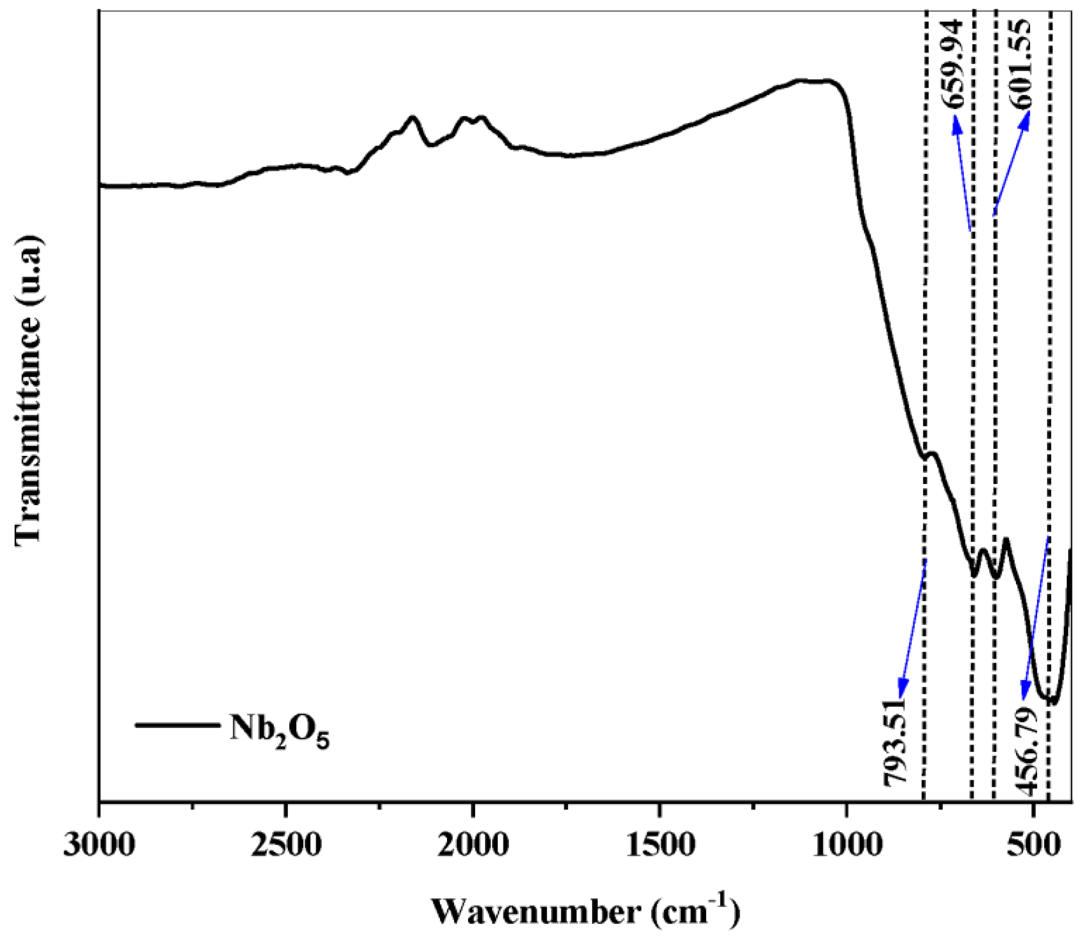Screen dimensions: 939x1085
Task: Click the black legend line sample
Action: (177, 725)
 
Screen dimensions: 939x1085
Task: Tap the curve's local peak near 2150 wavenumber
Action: (413, 118)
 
